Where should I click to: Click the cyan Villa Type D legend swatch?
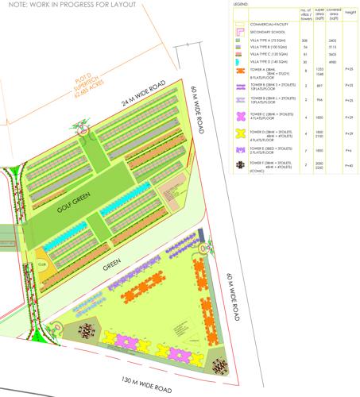238,61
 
